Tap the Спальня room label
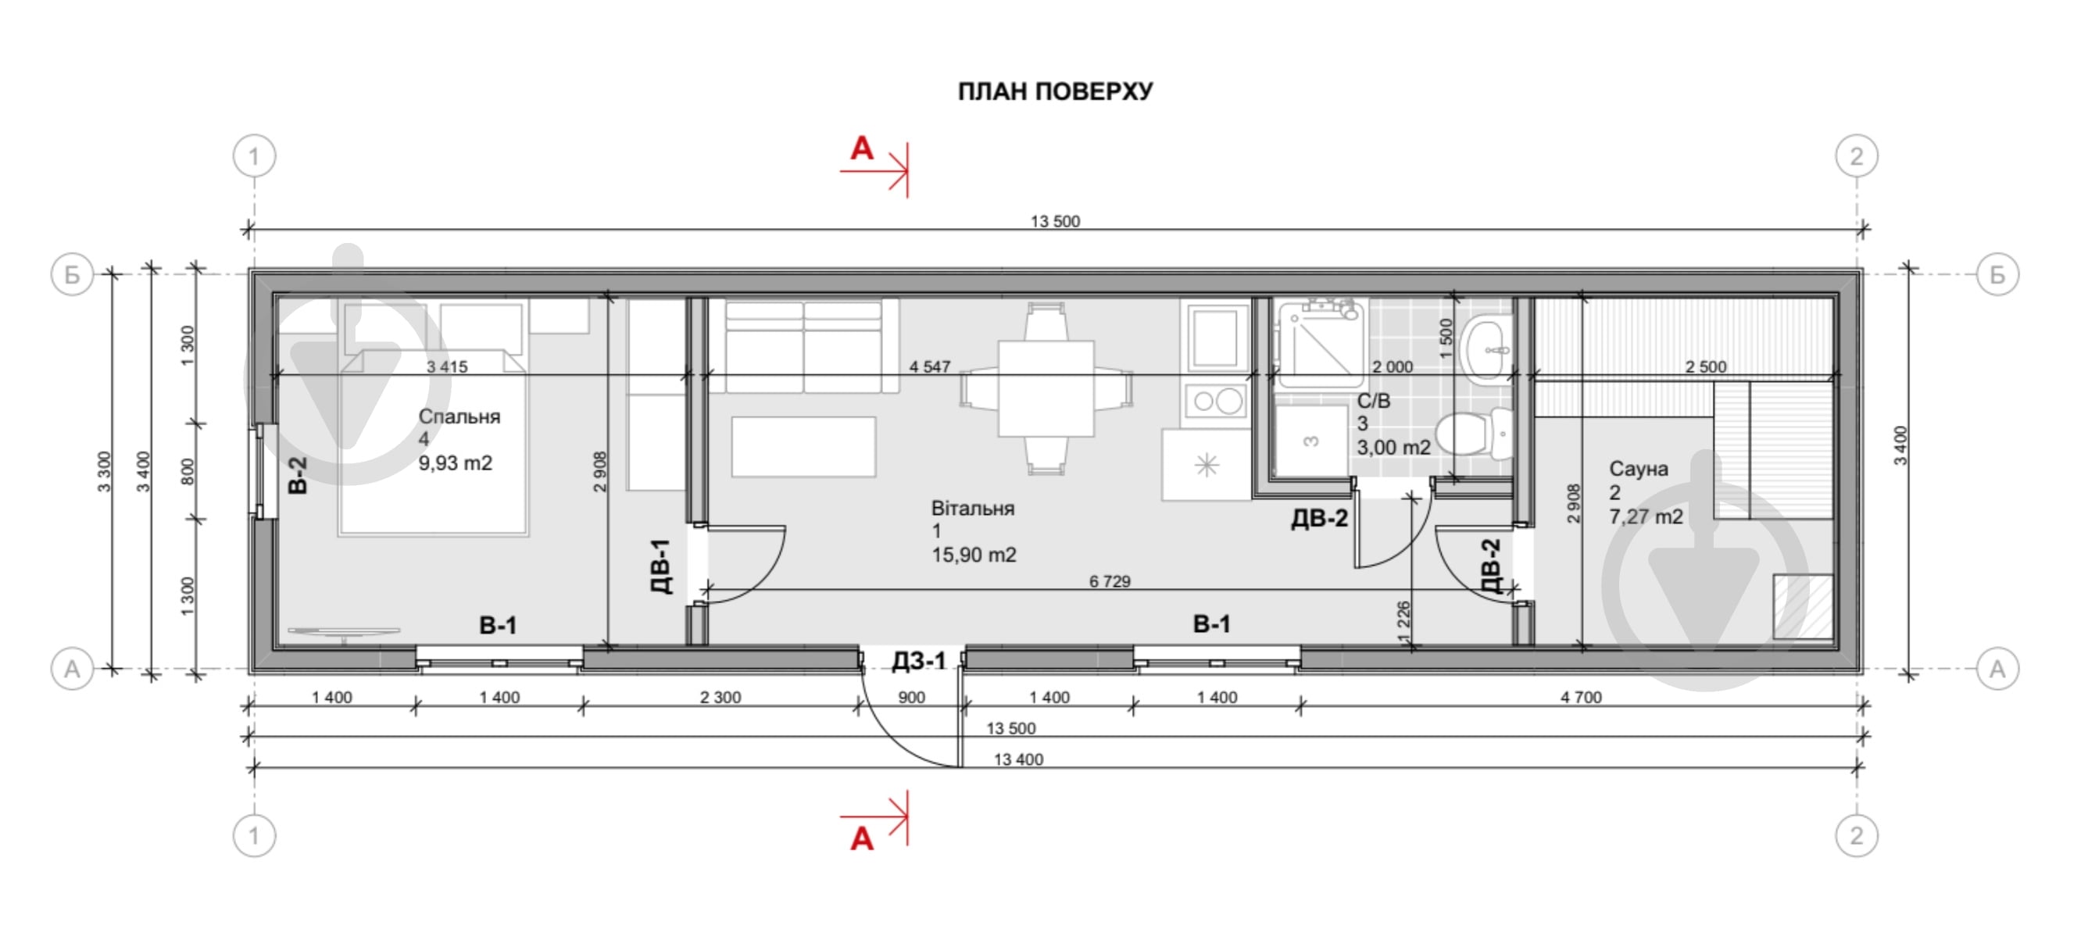pos(459,416)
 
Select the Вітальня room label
pos(973,509)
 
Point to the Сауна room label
pos(1638,470)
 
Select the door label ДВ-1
pos(661,566)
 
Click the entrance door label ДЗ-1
pos(918,661)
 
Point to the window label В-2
pos(298,475)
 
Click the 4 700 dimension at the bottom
pos(1581,697)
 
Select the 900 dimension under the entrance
pos(912,697)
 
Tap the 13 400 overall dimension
pos(1018,759)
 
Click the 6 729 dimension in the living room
pos(1109,581)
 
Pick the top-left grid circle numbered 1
pos(255,155)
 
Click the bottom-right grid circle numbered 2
pos(1856,835)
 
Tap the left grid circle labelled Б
pos(72,275)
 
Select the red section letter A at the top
pos(862,149)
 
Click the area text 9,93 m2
pos(455,463)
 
